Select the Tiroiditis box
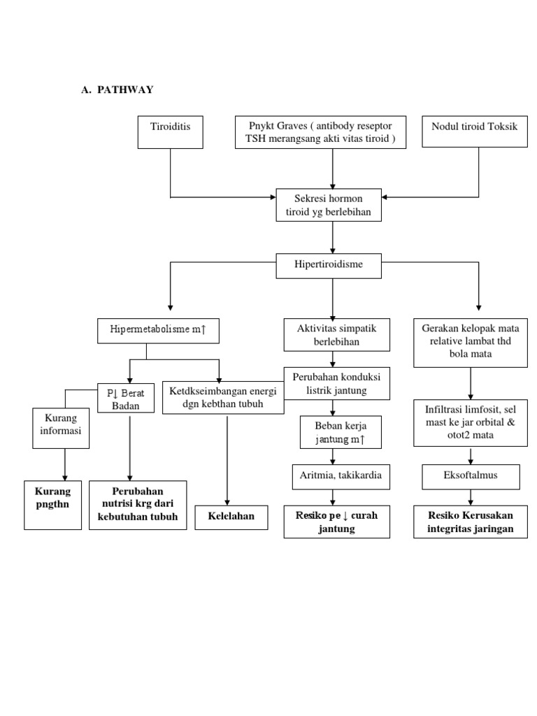(x=171, y=132)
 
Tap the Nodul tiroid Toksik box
(x=475, y=132)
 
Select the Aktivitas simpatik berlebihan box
(x=332, y=334)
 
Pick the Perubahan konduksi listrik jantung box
(x=336, y=382)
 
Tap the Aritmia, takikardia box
(x=332, y=477)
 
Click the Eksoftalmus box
(x=470, y=477)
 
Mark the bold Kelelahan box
(x=230, y=516)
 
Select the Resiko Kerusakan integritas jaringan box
(x=470, y=522)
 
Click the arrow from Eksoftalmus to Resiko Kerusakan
(x=470, y=497)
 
